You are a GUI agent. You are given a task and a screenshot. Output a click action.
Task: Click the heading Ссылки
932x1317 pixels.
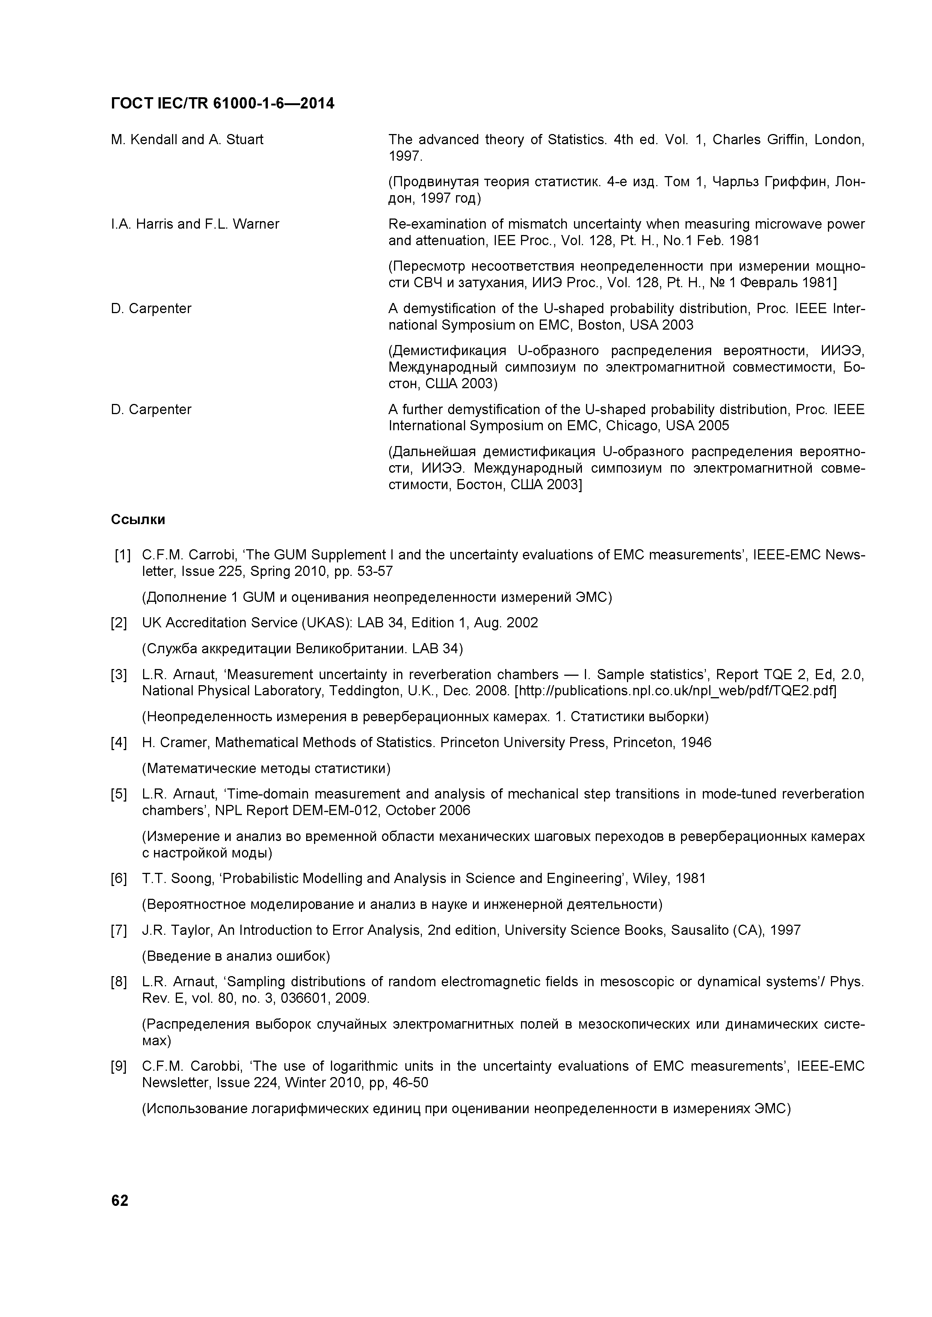point(138,520)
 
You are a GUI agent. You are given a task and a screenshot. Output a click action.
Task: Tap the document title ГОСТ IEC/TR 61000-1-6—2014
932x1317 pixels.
point(222,104)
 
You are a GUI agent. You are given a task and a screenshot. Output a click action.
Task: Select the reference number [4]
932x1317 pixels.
point(119,743)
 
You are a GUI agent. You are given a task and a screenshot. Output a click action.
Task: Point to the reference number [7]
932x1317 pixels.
point(119,930)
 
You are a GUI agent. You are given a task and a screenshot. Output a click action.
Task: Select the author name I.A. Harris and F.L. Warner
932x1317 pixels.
point(195,224)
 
